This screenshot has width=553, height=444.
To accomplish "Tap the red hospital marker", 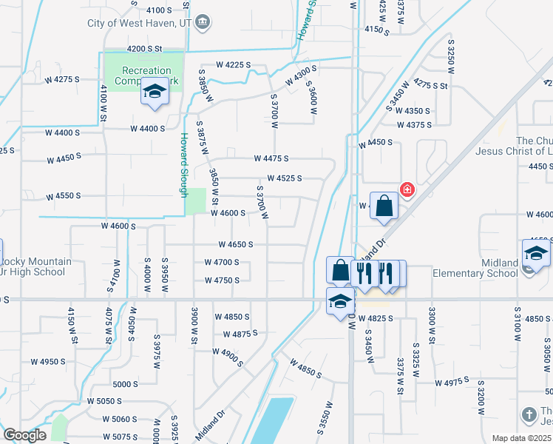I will [406, 190].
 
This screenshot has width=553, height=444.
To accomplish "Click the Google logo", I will [24, 435].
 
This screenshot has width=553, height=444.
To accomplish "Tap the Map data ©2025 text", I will [521, 438].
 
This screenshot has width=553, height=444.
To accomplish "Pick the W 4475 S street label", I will [271, 158].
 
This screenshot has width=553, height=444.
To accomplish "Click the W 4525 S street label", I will [285, 178].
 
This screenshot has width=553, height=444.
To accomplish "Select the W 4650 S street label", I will [236, 244].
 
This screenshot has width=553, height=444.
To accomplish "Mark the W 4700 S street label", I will [222, 262].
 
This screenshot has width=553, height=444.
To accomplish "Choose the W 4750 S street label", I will [222, 280].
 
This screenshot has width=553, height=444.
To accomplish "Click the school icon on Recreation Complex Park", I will [155, 92].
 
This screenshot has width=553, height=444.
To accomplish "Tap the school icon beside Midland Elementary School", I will [536, 253].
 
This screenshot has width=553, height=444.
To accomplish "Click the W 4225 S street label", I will [234, 65].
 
